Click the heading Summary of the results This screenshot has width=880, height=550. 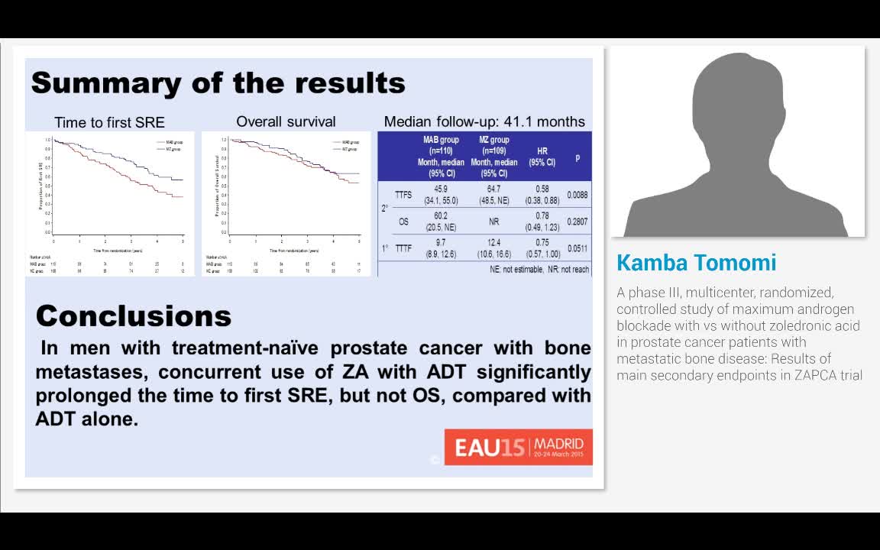click(218, 82)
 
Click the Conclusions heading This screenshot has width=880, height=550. click(133, 315)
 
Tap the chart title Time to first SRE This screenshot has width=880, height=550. click(109, 122)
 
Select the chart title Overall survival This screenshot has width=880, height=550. click(286, 121)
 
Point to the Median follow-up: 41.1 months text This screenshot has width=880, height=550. click(484, 121)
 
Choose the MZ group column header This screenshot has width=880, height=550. click(493, 157)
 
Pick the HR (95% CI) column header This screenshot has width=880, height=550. click(542, 157)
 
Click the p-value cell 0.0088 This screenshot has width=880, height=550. click(577, 195)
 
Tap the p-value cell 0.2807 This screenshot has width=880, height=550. click(577, 222)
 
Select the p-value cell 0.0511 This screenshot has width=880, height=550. click(577, 248)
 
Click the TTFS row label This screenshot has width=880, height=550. click(403, 195)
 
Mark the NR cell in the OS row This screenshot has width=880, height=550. click(493, 222)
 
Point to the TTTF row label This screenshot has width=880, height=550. click(403, 248)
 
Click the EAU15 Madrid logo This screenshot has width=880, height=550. click(518, 446)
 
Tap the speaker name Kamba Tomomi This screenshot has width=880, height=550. click(696, 263)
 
